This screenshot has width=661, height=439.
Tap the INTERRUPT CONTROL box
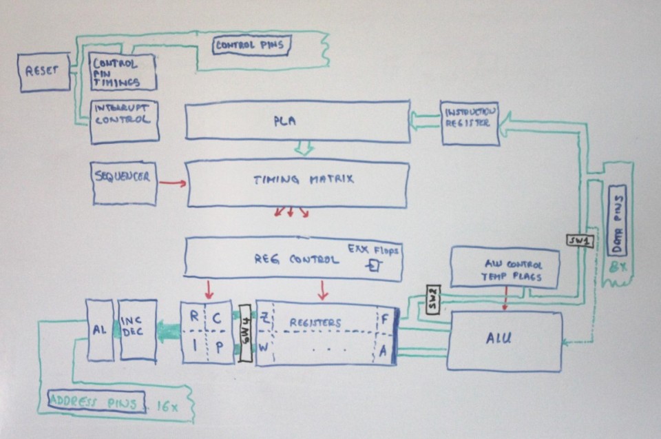coord(124,121)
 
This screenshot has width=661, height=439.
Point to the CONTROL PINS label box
coord(249,46)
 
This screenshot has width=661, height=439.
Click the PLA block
coord(297,121)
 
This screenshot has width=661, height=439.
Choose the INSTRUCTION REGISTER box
coord(469,123)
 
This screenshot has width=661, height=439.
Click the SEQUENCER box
coord(124,183)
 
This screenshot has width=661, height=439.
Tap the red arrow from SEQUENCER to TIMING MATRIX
coord(172,183)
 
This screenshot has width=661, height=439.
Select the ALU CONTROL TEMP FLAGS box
coord(504,269)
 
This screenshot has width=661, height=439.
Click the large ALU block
coord(504,340)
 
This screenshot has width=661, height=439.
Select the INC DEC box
coord(138,329)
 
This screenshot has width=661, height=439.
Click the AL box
coord(99,329)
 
